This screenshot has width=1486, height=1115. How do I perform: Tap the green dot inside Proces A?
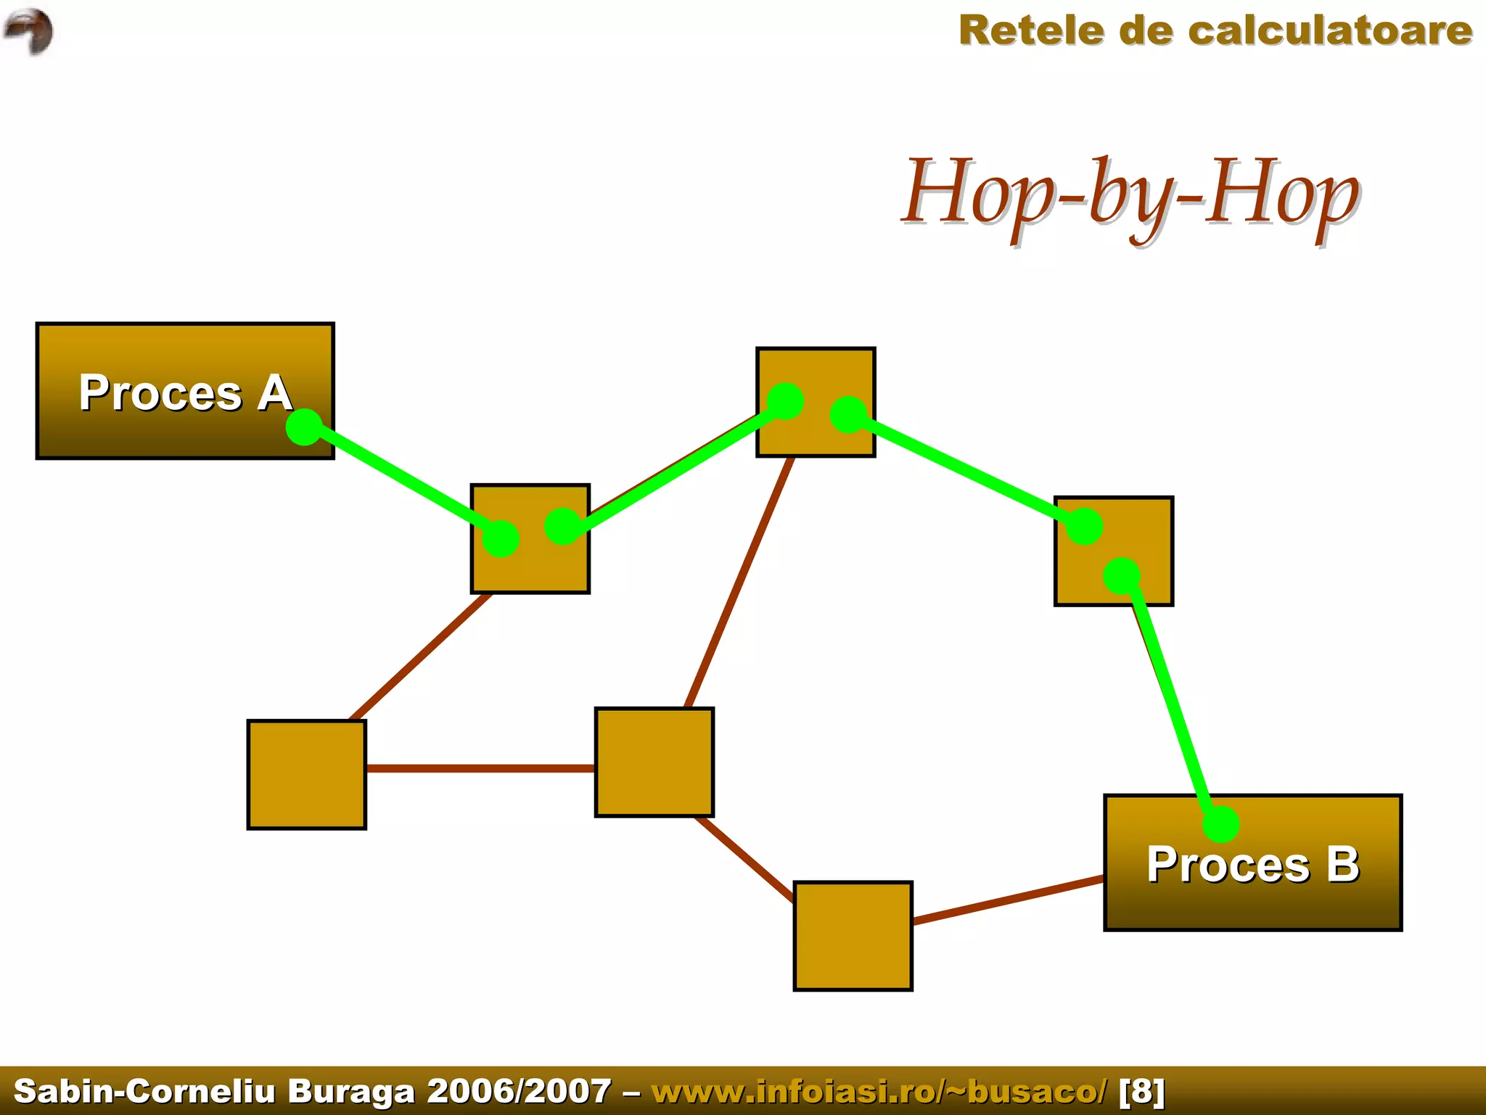304,427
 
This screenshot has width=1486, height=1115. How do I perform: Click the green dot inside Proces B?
1220,824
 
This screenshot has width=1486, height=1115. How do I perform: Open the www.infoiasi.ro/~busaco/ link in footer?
879,1091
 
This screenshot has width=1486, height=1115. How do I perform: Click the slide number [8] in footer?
1142,1091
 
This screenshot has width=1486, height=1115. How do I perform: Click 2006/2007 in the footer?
519,1091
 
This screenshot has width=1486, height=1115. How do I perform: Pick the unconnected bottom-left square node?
306,775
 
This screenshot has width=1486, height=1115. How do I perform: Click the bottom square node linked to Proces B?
853,936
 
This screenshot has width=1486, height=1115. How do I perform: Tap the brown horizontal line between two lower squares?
479,768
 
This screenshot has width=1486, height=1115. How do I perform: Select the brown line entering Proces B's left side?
1009,900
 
